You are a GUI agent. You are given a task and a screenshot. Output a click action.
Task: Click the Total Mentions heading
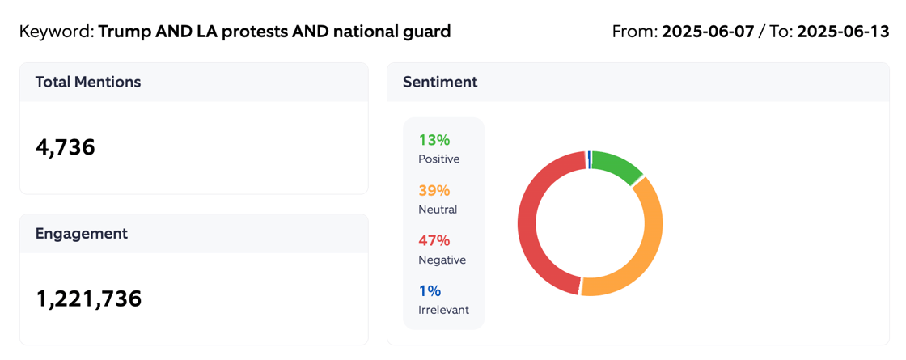[x=88, y=82]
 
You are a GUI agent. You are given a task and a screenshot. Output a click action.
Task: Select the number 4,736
[x=66, y=147]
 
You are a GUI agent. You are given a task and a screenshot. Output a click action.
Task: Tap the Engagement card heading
[x=81, y=233]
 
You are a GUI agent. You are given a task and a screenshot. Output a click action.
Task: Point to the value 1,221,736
[x=89, y=299]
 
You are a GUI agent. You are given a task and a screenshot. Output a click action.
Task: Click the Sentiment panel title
[x=440, y=82]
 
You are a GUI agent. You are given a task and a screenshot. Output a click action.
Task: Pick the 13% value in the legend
[x=434, y=140]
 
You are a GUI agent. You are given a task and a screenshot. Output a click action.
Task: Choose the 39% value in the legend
[x=434, y=190]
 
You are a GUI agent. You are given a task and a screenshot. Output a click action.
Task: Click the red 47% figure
[x=434, y=240]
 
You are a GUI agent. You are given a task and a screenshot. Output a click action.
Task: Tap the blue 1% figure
[x=430, y=290]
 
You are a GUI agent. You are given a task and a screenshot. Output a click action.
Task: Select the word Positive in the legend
[x=438, y=159]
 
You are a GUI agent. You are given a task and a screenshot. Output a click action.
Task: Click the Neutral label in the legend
[x=438, y=210]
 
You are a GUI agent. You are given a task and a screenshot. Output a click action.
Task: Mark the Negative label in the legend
[x=442, y=260]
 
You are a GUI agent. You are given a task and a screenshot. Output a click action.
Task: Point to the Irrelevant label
[x=443, y=310]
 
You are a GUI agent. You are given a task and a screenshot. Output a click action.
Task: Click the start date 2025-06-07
[x=706, y=32]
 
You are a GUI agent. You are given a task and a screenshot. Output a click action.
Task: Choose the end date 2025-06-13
[x=843, y=32]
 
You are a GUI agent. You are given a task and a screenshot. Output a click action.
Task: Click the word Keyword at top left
[x=54, y=32]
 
